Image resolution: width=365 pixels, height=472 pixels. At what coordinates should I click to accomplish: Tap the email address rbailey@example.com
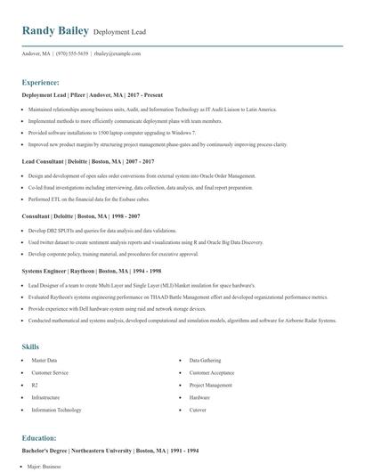pyautogui.click(x=118, y=53)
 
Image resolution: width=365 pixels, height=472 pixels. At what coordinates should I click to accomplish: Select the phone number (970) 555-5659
pyautogui.click(x=70, y=53)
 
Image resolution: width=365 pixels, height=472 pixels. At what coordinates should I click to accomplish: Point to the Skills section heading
pyautogui.click(x=30, y=345)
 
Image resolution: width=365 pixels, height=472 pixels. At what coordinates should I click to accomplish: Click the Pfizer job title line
pyautogui.click(x=79, y=94)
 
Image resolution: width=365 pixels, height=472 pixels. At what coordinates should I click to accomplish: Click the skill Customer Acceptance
pyautogui.click(x=212, y=372)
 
